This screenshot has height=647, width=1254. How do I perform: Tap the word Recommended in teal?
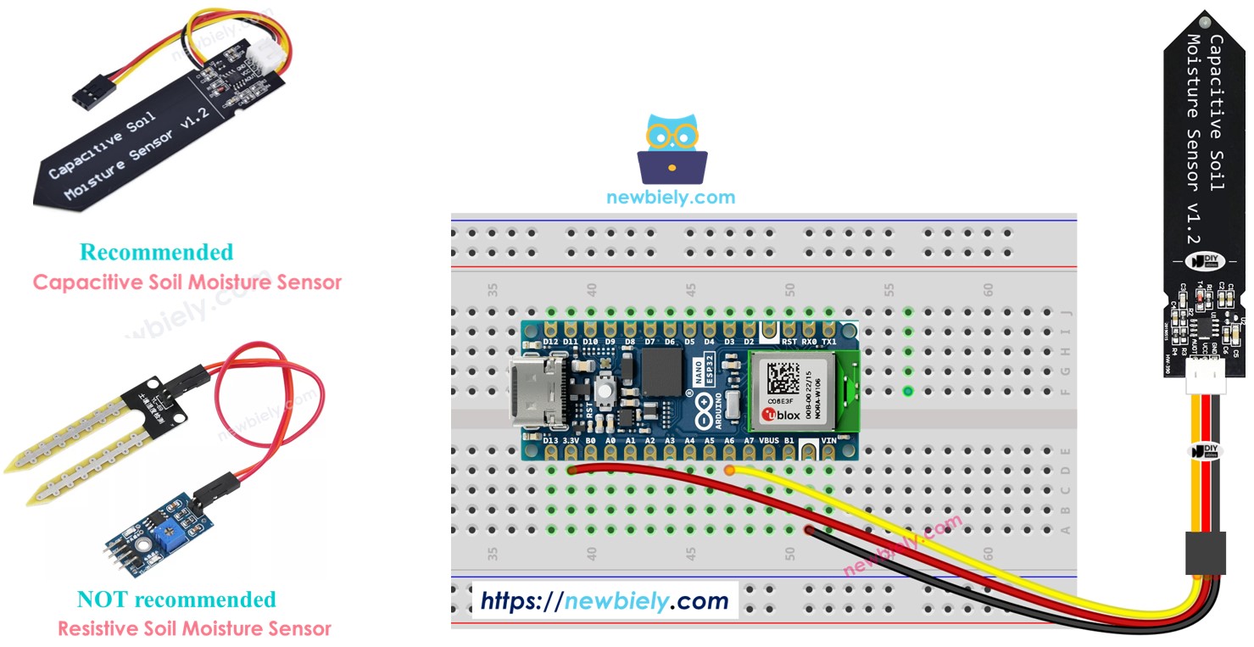[x=156, y=252]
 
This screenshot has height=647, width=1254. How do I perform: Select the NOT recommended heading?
[x=176, y=600]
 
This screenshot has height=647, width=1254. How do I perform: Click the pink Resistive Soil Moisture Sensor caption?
[x=194, y=628]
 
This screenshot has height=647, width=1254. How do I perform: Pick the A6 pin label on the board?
[x=729, y=442]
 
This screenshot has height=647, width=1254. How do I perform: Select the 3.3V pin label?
[x=571, y=442]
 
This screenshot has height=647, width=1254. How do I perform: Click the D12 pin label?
[x=551, y=342]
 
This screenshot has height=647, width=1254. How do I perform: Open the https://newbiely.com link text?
[x=605, y=601]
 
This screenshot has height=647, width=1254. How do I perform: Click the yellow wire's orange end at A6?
[x=730, y=469]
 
